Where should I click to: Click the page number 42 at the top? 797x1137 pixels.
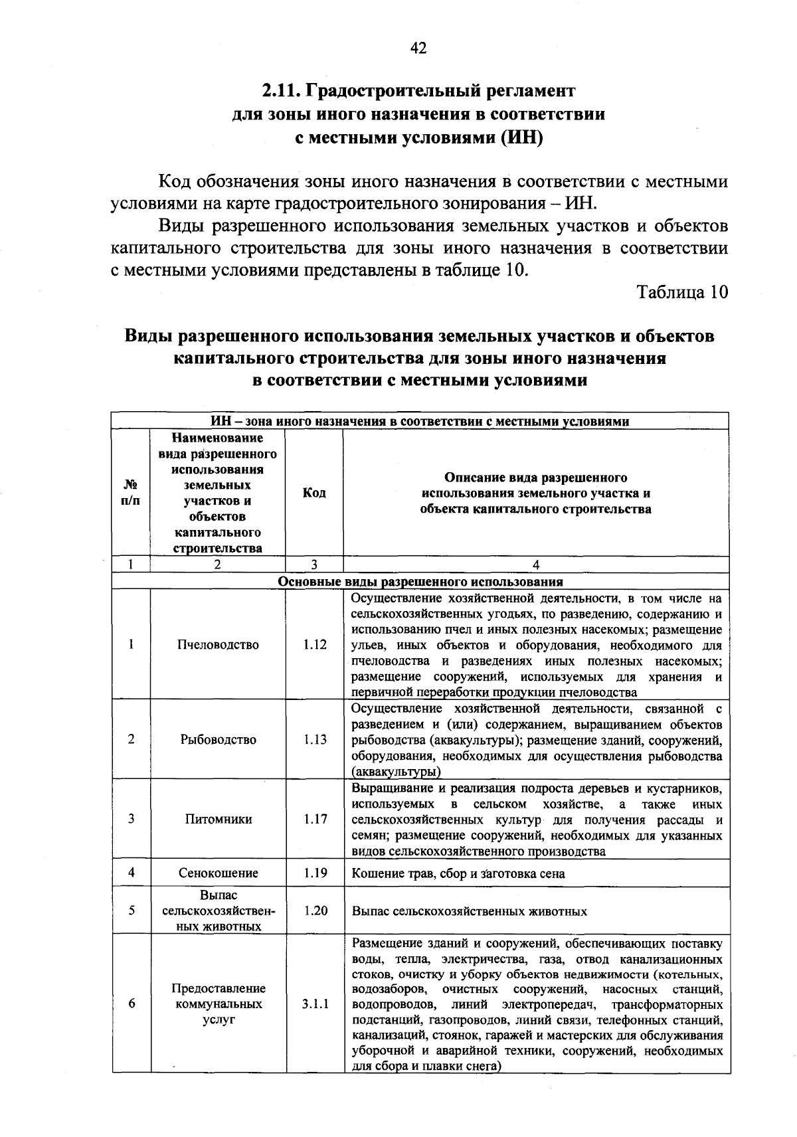418,48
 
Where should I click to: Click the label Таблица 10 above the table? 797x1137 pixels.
682,292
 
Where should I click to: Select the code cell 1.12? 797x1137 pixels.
315,644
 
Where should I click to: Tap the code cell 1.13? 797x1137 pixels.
315,739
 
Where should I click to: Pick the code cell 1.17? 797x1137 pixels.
315,819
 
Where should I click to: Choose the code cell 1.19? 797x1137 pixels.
315,873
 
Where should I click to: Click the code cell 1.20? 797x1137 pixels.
315,911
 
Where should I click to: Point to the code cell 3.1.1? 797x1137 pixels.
315,1004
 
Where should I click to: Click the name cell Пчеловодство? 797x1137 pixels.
219,644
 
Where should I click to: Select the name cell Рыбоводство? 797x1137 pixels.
219,739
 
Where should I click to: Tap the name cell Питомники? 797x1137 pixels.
219,819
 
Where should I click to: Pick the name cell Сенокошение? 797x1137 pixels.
219,873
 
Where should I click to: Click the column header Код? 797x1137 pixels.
314,493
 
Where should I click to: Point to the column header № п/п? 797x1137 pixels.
131,493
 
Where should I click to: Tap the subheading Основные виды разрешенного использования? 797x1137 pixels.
420,582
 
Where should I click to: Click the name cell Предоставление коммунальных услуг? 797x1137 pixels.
219,1004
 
